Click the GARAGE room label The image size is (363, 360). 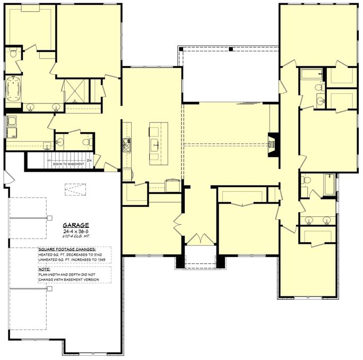tap(75, 225)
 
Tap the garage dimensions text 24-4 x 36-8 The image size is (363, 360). tap(75, 231)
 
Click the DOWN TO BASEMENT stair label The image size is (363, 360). tap(67, 164)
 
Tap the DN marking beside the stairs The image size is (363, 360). tap(89, 160)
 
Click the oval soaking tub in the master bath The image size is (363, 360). tap(13, 88)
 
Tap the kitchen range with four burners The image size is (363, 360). tap(126, 145)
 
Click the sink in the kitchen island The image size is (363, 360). tap(157, 144)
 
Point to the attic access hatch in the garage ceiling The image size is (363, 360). tap(74, 189)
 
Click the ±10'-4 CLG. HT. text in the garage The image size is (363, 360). tap(75, 237)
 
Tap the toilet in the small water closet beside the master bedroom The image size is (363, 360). tap(13, 54)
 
